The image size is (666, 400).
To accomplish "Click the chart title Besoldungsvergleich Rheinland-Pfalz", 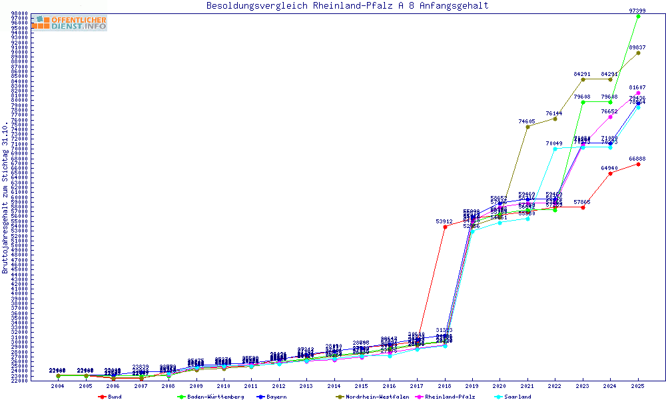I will (x=347, y=6).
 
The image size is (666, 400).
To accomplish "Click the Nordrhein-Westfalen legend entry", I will (x=377, y=397).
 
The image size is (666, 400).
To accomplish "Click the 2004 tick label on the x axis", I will (x=59, y=386).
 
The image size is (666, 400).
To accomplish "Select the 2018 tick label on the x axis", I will (x=445, y=386).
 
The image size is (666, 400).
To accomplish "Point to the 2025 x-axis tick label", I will (x=638, y=386).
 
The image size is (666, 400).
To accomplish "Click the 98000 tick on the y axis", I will (x=19, y=13).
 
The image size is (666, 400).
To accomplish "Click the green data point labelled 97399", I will (x=638, y=16).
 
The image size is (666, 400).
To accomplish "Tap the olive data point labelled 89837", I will (x=638, y=53).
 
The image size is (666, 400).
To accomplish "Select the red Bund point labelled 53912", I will (x=445, y=227).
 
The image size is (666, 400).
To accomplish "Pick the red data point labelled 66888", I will (x=638, y=164).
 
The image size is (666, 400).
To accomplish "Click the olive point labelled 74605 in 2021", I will (x=527, y=127).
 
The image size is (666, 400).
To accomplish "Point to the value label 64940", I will (x=610, y=168).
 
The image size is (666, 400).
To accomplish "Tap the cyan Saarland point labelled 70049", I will (x=555, y=149).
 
